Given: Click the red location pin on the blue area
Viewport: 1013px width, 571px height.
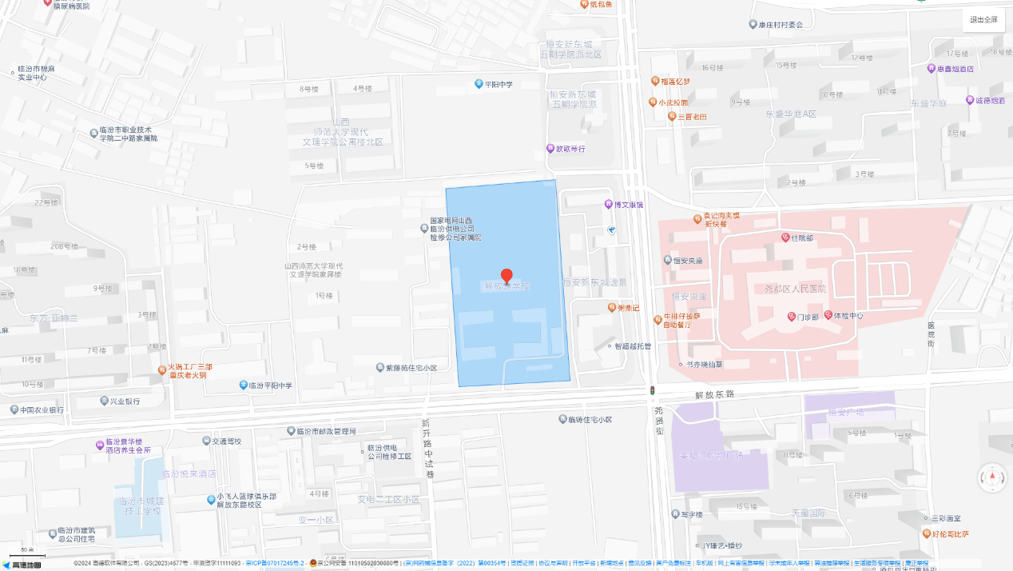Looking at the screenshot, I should coord(506,276).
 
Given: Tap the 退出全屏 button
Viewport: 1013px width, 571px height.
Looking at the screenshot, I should coord(983,20).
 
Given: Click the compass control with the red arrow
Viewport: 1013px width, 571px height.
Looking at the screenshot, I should coord(993,477).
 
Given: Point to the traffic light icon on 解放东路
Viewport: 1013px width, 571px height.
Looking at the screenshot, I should coord(652,390).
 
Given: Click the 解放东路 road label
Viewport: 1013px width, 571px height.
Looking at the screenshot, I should coord(713,395).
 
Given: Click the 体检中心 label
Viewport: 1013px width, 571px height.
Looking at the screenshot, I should coord(848,316).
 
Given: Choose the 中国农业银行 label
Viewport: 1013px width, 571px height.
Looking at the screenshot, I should coord(42,410).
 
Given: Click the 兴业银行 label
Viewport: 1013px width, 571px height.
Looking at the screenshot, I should coord(124,401).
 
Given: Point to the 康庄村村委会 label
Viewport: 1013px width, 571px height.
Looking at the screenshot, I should coord(781,25).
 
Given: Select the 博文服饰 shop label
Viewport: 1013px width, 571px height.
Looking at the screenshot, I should coord(628,205).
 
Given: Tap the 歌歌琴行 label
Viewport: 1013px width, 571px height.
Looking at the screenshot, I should coord(570,149).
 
